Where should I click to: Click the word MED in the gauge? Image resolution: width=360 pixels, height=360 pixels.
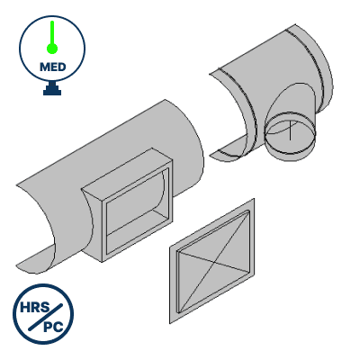[53, 67]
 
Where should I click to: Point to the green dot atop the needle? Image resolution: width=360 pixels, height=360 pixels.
[53, 26]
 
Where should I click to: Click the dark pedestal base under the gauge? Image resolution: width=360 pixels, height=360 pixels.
[53, 91]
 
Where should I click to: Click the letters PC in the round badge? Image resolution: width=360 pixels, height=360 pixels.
[56, 327]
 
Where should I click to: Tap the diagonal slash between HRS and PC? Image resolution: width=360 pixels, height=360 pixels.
[46, 319]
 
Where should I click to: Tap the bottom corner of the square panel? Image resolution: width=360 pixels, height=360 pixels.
[172, 321]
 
